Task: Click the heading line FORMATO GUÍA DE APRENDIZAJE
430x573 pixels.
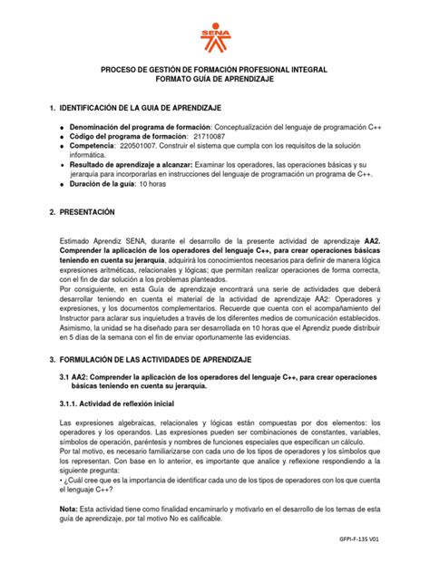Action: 214,81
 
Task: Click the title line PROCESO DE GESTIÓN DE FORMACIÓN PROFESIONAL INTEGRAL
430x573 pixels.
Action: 214,70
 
